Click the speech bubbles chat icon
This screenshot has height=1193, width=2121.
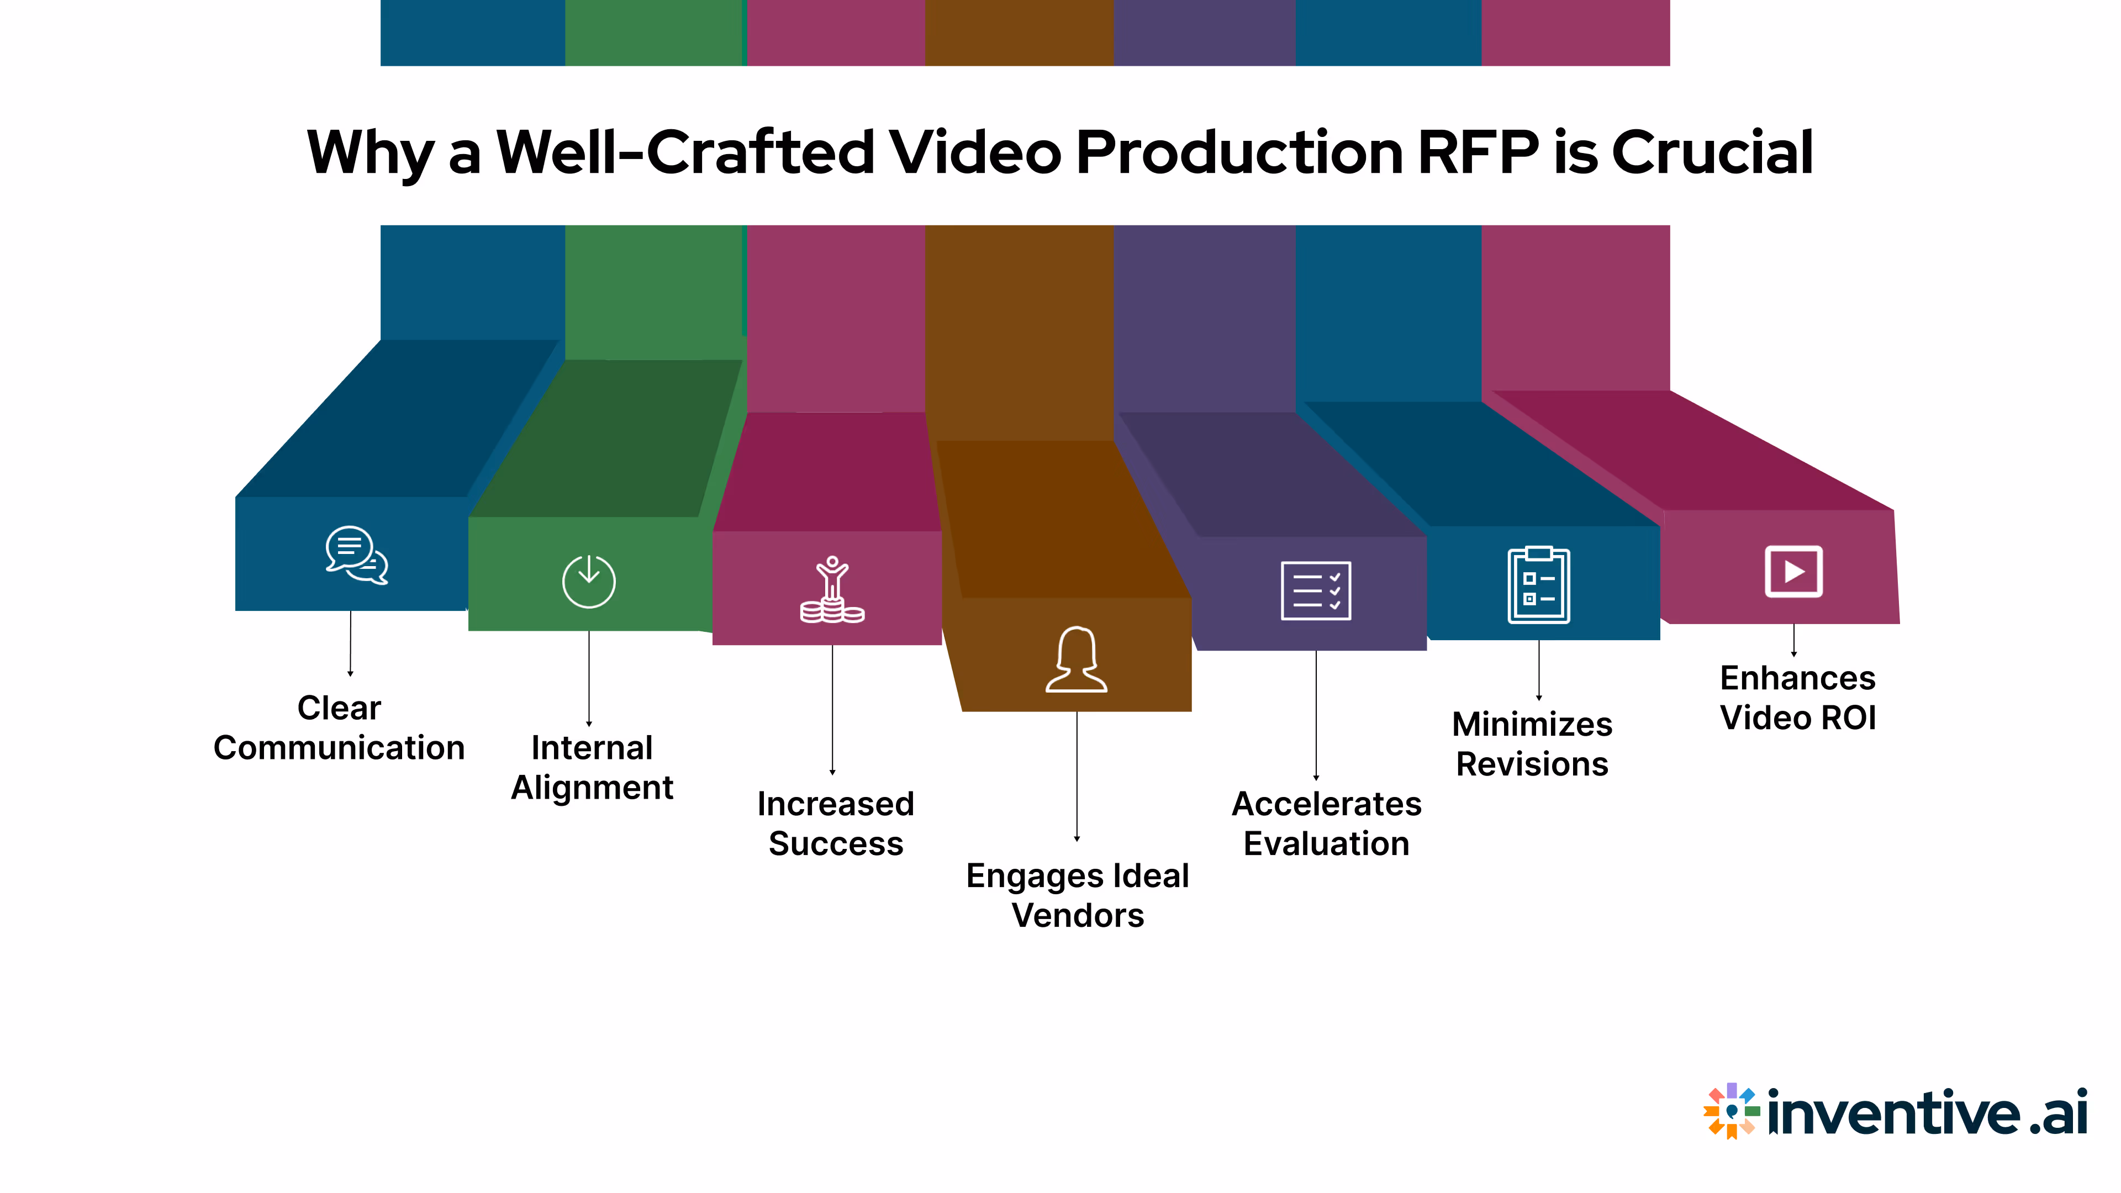pos(356,556)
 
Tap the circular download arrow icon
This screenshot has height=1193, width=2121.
pos(589,581)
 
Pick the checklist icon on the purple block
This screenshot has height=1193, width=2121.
pos(1316,591)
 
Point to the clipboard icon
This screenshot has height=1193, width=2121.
pos(1538,585)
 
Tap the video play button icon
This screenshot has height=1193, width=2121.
pos(1793,572)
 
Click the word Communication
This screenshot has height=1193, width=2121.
pos(339,748)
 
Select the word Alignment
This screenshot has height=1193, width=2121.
pos(592,788)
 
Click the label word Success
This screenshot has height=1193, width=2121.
pos(836,844)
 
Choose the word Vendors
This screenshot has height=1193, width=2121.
pos(1078,916)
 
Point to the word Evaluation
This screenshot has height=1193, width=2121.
pos(1326,844)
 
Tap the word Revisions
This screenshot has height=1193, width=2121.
pos(1532,764)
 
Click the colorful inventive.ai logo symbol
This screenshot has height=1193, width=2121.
pos(1730,1111)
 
